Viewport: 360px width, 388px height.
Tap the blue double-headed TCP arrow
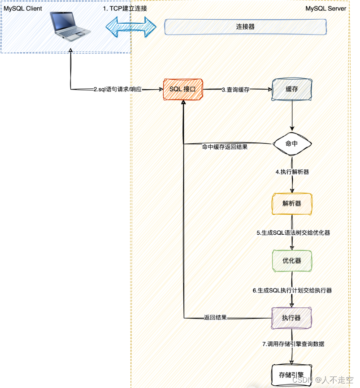coord(131,26)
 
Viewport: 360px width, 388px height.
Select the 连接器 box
coord(245,27)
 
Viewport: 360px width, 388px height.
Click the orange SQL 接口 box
coord(182,89)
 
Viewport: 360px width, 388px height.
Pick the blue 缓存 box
coord(292,89)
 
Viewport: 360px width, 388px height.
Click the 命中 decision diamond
coord(292,144)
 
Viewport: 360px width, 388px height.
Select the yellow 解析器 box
coord(292,203)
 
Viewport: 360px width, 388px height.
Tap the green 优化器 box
coord(292,261)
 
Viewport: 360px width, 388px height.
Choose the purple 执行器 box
coord(291,318)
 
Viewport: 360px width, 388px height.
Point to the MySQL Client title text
coord(23,9)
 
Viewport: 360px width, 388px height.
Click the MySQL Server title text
coord(326,9)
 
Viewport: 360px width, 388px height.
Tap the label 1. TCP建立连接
coord(125,9)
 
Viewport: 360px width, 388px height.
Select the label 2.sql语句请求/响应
coord(117,90)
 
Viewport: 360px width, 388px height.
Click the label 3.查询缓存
coord(235,90)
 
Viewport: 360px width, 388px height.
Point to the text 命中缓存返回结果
coord(225,147)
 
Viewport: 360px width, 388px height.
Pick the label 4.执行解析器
coord(292,172)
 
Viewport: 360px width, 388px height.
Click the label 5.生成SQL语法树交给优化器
coord(293,233)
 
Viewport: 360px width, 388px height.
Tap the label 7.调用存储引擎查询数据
coord(293,344)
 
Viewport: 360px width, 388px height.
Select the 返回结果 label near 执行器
coord(215,318)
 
